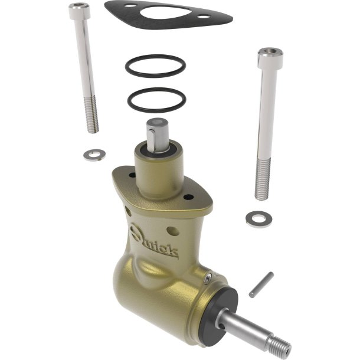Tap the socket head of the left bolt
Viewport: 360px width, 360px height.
pos(79,11)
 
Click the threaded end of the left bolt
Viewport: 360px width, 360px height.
pos(91,114)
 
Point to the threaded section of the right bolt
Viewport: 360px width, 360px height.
pos(262,179)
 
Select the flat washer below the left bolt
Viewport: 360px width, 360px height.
pos(94,155)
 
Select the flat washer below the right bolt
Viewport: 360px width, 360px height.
pos(258,219)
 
